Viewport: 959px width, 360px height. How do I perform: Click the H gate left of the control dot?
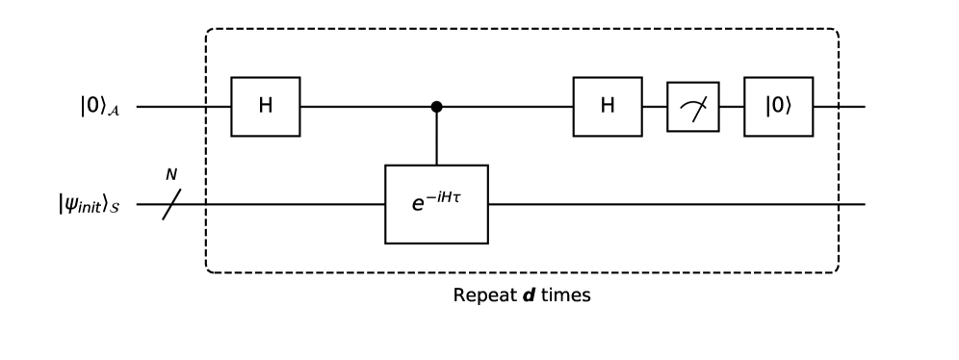coord(266,106)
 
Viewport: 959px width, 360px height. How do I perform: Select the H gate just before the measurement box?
coord(608,106)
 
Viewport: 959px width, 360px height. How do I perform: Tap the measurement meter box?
coord(693,106)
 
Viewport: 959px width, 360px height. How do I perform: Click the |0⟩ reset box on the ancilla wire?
coord(778,106)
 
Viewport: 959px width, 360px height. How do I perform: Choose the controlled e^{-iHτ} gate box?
coord(436,204)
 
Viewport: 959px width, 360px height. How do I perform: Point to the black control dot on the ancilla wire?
coord(436,106)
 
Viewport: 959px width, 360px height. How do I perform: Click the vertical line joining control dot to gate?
coord(436,137)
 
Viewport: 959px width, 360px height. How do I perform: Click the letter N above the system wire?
coord(171,175)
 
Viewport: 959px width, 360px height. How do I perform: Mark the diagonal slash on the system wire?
coord(171,204)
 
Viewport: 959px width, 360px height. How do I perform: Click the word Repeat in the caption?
coord(483,295)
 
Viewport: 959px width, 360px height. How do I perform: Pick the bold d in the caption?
coord(529,295)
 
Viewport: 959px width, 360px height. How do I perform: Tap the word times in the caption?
coord(565,295)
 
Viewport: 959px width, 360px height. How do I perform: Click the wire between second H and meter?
coord(655,106)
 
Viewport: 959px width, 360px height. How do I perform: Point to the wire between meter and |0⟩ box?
coord(732,106)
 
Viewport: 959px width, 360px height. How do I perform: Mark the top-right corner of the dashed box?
coord(837,31)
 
